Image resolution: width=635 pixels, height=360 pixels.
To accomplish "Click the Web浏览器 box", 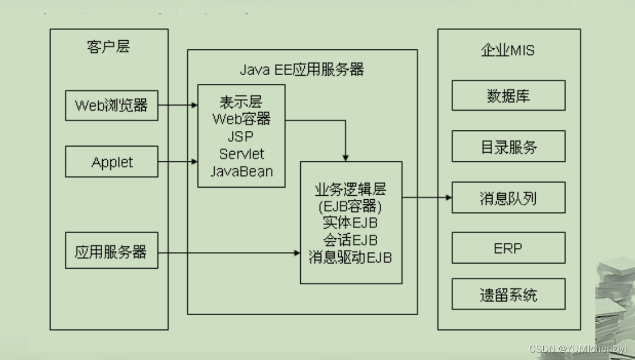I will pos(111,106).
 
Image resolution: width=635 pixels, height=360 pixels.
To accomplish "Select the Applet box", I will pos(111,162).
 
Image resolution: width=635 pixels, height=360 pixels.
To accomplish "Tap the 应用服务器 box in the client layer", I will pos(111,252).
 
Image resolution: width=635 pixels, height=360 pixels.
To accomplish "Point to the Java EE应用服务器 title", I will pos(301,70).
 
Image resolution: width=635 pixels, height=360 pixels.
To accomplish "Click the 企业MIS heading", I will pos(508,51).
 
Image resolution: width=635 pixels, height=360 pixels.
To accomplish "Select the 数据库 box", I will pos(508,95).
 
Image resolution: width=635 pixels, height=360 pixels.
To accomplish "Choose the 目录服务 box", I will pos(508,147).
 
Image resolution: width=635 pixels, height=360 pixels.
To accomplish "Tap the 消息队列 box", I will pos(508,198).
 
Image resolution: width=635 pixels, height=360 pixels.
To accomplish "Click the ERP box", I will pos(508,249).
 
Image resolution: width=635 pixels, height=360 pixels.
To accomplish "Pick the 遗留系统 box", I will pos(508,295).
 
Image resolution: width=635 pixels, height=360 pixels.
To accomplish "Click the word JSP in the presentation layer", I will pos(241,137).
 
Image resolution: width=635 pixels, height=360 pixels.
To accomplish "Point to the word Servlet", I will pos(241,154).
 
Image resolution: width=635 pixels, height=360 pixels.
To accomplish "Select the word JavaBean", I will pos(241,171).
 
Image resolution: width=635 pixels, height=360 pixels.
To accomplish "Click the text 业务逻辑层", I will pos(350,189).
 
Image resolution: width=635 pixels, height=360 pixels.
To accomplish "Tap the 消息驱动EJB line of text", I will pos(350,257).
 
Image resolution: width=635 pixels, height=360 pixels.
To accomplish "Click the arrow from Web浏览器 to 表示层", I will pos(177,106).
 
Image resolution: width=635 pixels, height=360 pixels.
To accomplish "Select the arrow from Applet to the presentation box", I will pos(177,162).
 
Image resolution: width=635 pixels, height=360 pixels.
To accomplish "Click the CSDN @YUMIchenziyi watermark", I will pos(578,349).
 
